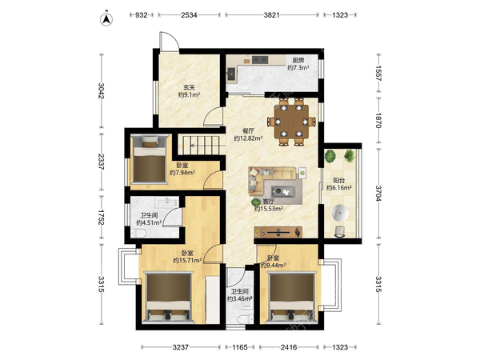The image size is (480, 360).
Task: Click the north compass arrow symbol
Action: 106,19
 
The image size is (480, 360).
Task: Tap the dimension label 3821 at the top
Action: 271,14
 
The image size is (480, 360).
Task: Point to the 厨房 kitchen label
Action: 298,60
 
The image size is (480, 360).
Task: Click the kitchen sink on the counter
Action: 232,74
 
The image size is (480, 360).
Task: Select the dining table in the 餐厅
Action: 291,121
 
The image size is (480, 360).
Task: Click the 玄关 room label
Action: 189,87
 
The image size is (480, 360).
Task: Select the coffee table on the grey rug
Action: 283,192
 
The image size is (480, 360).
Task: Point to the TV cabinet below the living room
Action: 278,232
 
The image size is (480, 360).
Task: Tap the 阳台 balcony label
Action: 339,180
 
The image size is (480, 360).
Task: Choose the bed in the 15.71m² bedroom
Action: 168,298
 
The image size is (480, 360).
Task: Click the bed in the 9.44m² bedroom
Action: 291,298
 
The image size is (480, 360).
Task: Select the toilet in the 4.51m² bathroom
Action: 138,234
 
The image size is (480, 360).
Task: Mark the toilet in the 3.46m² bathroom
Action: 245,319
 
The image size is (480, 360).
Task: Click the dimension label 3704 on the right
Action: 378,194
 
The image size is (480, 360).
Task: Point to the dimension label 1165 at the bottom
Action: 240,347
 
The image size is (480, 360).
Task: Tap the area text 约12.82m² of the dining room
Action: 248,138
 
